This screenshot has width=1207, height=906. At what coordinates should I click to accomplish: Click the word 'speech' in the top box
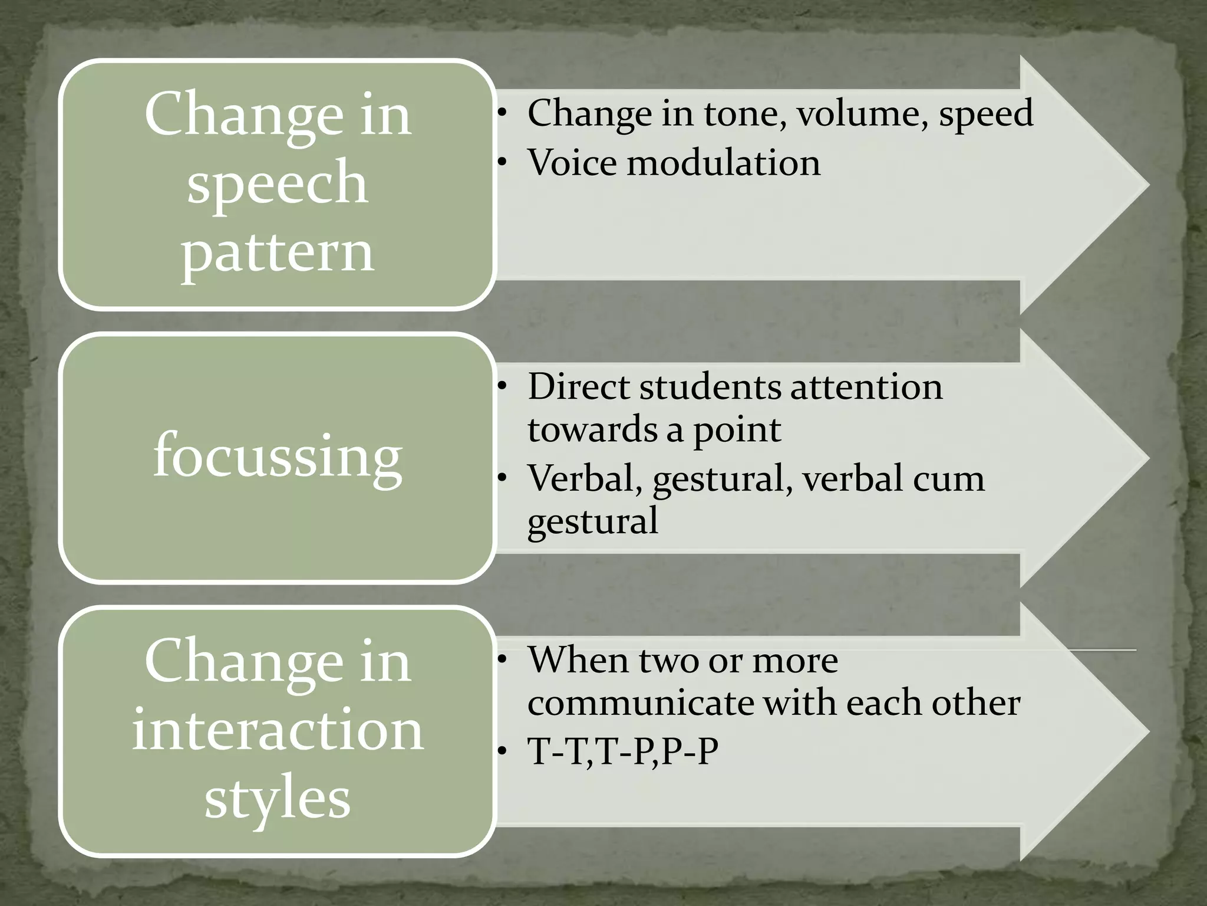(x=278, y=184)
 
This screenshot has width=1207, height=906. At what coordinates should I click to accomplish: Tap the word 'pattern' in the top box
(x=278, y=252)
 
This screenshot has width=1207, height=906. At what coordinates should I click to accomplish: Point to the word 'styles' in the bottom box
(x=278, y=799)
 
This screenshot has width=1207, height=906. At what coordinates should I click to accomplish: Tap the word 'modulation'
(x=723, y=163)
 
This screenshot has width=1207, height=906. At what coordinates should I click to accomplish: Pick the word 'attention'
(x=866, y=387)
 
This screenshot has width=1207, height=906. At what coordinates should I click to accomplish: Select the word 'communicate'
(x=639, y=703)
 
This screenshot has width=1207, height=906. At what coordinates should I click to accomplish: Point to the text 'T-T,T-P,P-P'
(x=623, y=751)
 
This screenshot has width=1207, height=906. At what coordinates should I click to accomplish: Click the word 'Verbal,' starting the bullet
(x=585, y=478)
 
